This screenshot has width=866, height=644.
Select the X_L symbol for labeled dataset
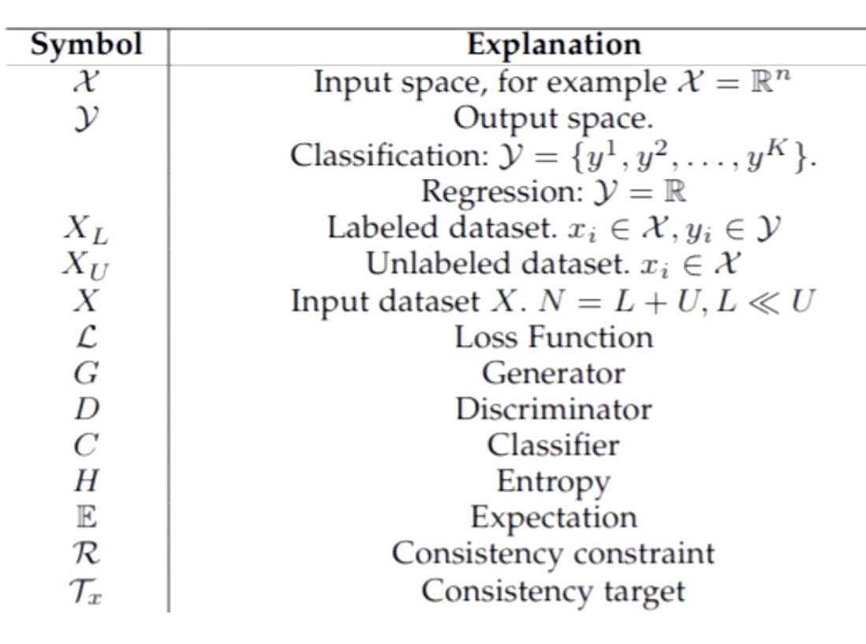coord(85,229)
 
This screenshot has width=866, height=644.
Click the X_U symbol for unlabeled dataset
coord(85,265)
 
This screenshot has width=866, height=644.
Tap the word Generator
coord(554,373)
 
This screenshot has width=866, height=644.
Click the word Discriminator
coord(554,410)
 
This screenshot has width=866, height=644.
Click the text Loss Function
coord(554,337)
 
